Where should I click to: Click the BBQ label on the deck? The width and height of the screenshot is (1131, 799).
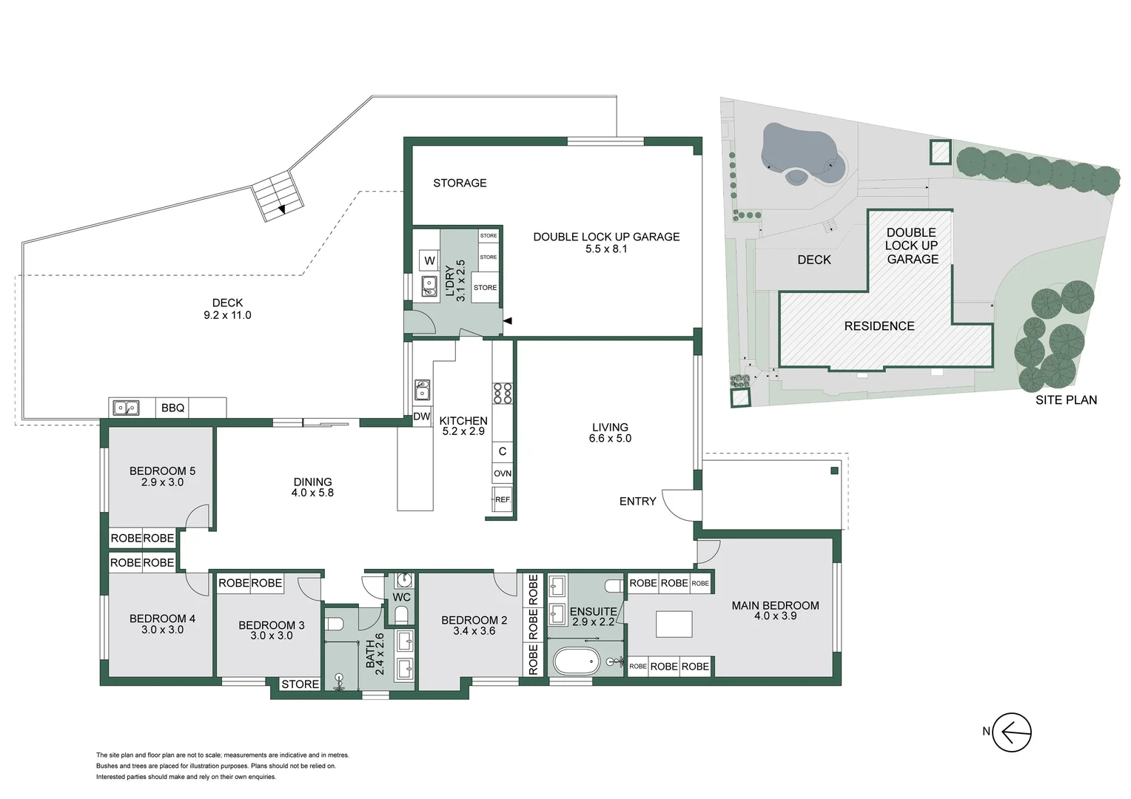coord(172,408)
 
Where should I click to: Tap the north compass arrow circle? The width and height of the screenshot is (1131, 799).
coord(1011,732)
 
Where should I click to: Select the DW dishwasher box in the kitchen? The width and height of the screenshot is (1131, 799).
coord(422,417)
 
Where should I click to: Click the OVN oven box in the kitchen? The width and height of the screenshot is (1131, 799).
coord(502,473)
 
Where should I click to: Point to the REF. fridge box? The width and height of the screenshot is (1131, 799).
coord(503,499)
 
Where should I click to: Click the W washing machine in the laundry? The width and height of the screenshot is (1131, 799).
coord(429,260)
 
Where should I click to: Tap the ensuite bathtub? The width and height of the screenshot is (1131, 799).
coord(575,661)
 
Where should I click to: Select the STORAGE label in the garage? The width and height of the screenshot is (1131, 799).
coord(460,183)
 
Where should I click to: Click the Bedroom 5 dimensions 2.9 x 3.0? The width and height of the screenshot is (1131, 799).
coord(162,482)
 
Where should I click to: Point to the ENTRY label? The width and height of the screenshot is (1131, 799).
coord(637,502)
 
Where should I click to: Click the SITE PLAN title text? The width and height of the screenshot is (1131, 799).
coord(1066,400)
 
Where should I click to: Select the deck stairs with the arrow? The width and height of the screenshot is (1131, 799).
coord(277,194)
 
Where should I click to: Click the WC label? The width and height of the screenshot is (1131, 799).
coord(401,597)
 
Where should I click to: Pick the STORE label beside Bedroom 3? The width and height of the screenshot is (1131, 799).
coord(300,684)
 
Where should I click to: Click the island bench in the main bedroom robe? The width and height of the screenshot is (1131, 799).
coord(674,624)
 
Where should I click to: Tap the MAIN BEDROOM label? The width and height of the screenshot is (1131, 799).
coord(775,605)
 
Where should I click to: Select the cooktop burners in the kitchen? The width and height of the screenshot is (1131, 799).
coord(503,393)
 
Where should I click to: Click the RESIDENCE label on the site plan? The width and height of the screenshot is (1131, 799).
coord(879,326)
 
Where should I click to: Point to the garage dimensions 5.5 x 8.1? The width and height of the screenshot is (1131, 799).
coord(605,249)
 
